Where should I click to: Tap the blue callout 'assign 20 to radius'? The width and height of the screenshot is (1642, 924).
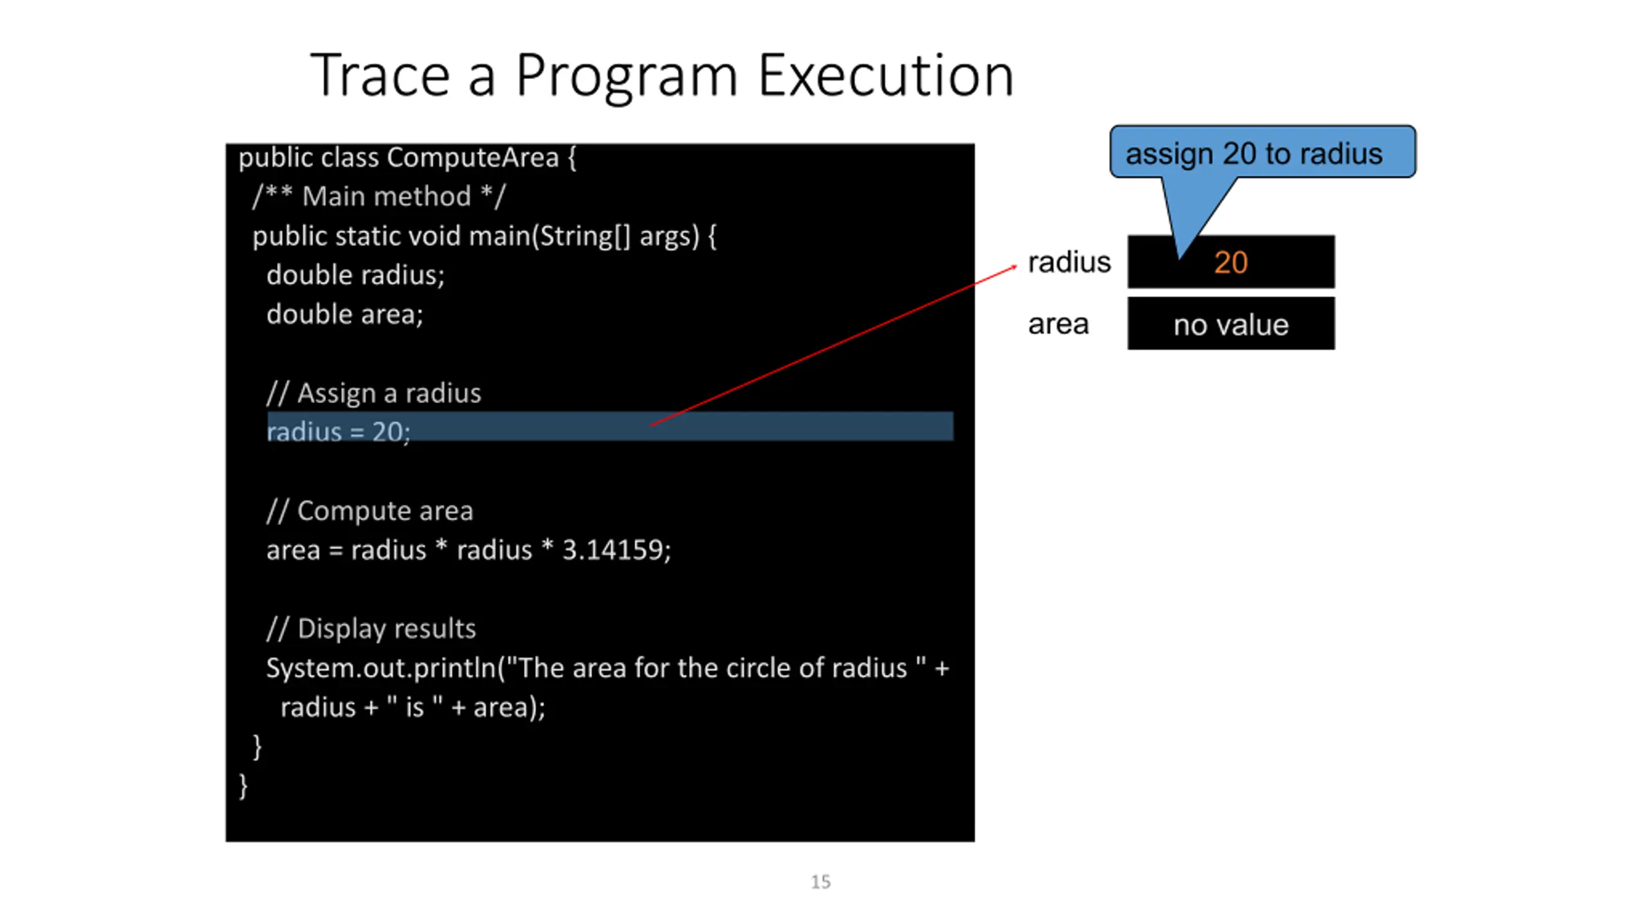tap(1262, 153)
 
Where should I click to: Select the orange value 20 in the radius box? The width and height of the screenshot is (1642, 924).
tap(1231, 262)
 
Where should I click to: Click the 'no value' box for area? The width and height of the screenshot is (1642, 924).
tap(1231, 324)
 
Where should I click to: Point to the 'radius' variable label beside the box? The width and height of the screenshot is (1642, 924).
tap(1069, 262)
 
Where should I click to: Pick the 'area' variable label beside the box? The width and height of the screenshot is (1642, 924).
tap(1058, 324)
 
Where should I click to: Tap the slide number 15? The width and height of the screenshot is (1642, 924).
tap(820, 882)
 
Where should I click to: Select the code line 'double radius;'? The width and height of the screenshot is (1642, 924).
tap(355, 275)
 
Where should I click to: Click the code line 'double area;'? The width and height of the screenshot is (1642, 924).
tap(345, 314)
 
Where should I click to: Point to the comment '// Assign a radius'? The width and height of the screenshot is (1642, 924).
tap(374, 393)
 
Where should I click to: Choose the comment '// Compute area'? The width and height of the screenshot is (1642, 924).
tap(370, 511)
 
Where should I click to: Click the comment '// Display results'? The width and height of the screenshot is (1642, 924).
tap(371, 629)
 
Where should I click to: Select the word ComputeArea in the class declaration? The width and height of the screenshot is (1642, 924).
tap(473, 158)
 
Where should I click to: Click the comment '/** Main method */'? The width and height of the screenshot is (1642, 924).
tap(379, 196)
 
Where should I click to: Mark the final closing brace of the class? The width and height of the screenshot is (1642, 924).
tap(243, 786)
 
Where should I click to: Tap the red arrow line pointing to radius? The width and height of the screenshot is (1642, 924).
tap(834, 345)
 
